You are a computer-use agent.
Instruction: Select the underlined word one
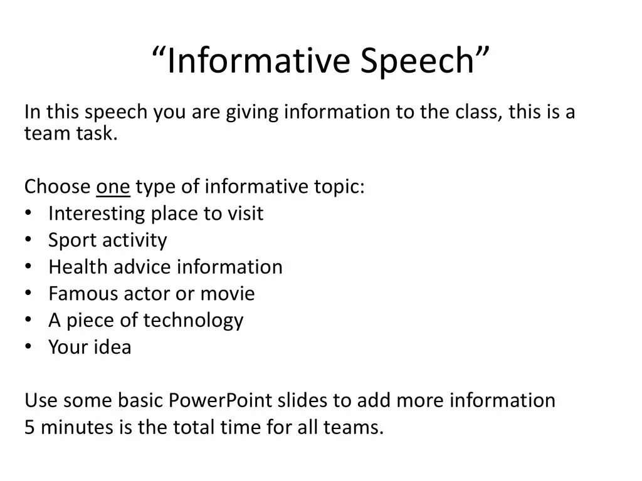(x=113, y=187)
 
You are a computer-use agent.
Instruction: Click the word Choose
(x=57, y=187)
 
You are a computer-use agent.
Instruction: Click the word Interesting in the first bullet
(x=97, y=214)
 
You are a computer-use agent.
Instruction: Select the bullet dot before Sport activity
(x=29, y=240)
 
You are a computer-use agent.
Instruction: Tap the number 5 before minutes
(x=29, y=428)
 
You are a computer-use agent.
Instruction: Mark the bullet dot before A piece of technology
(x=29, y=321)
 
